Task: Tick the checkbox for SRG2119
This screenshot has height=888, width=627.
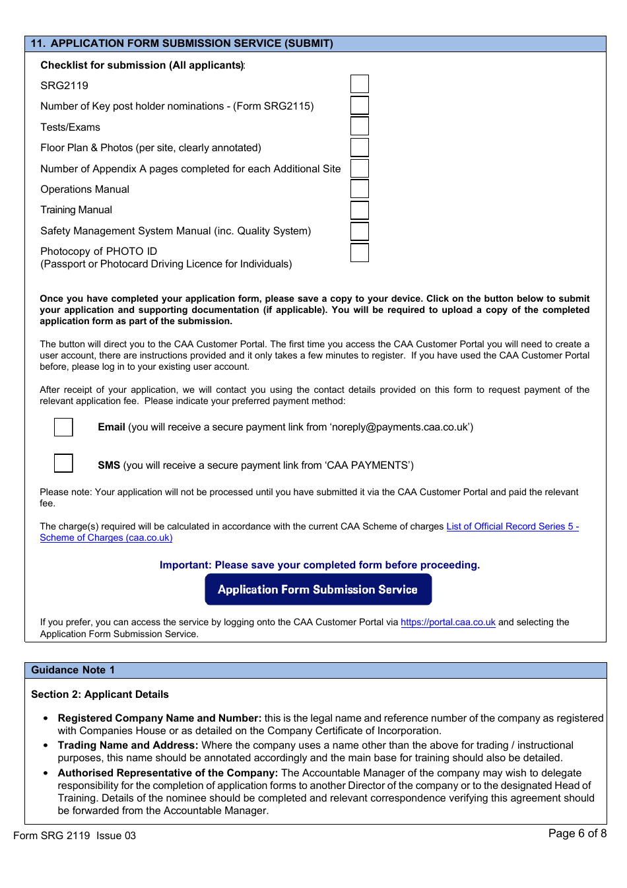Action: pyautogui.click(x=359, y=84)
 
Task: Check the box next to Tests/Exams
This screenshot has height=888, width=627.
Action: pyautogui.click(x=359, y=126)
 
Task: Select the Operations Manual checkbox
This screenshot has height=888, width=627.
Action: pyautogui.click(x=359, y=189)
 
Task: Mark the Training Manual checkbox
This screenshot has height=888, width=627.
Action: pyautogui.click(x=359, y=210)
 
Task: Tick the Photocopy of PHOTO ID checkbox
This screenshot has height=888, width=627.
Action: pyautogui.click(x=359, y=252)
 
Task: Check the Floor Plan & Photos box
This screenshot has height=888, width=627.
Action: pyautogui.click(x=359, y=147)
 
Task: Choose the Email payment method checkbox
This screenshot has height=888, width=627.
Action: pyautogui.click(x=63, y=427)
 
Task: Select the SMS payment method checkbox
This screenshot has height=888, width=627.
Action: pyautogui.click(x=63, y=463)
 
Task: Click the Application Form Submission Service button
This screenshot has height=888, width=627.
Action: pyautogui.click(x=318, y=589)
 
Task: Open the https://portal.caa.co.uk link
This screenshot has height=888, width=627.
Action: pyautogui.click(x=447, y=622)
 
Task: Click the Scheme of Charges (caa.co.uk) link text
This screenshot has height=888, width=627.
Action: pyautogui.click(x=106, y=538)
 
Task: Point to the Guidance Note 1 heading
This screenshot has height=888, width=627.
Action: pyautogui.click(x=73, y=670)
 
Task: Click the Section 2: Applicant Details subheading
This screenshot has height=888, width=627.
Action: pyautogui.click(x=100, y=695)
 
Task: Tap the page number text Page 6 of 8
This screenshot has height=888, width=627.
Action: pyautogui.click(x=577, y=833)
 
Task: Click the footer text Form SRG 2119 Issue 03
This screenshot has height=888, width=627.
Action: pyautogui.click(x=75, y=836)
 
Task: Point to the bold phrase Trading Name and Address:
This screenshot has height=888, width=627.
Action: pyautogui.click(x=128, y=745)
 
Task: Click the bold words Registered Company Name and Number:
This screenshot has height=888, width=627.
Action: pyautogui.click(x=160, y=718)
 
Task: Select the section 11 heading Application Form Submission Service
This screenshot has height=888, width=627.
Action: pyautogui.click(x=182, y=44)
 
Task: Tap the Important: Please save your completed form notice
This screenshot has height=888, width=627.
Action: pyautogui.click(x=319, y=565)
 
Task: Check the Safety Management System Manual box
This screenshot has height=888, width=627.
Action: pyautogui.click(x=359, y=231)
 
